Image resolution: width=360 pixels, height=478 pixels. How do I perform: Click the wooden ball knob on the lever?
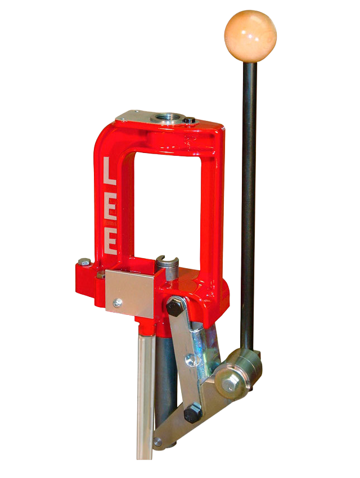coord(250,36)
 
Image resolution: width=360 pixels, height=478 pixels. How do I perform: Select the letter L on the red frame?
coord(110,172)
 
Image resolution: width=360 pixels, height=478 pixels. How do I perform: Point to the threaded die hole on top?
coord(168,118)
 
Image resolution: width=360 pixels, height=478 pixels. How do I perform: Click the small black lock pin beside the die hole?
coord(191,120)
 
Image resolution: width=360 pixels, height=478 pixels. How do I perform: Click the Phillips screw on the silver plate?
coord(118,303)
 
